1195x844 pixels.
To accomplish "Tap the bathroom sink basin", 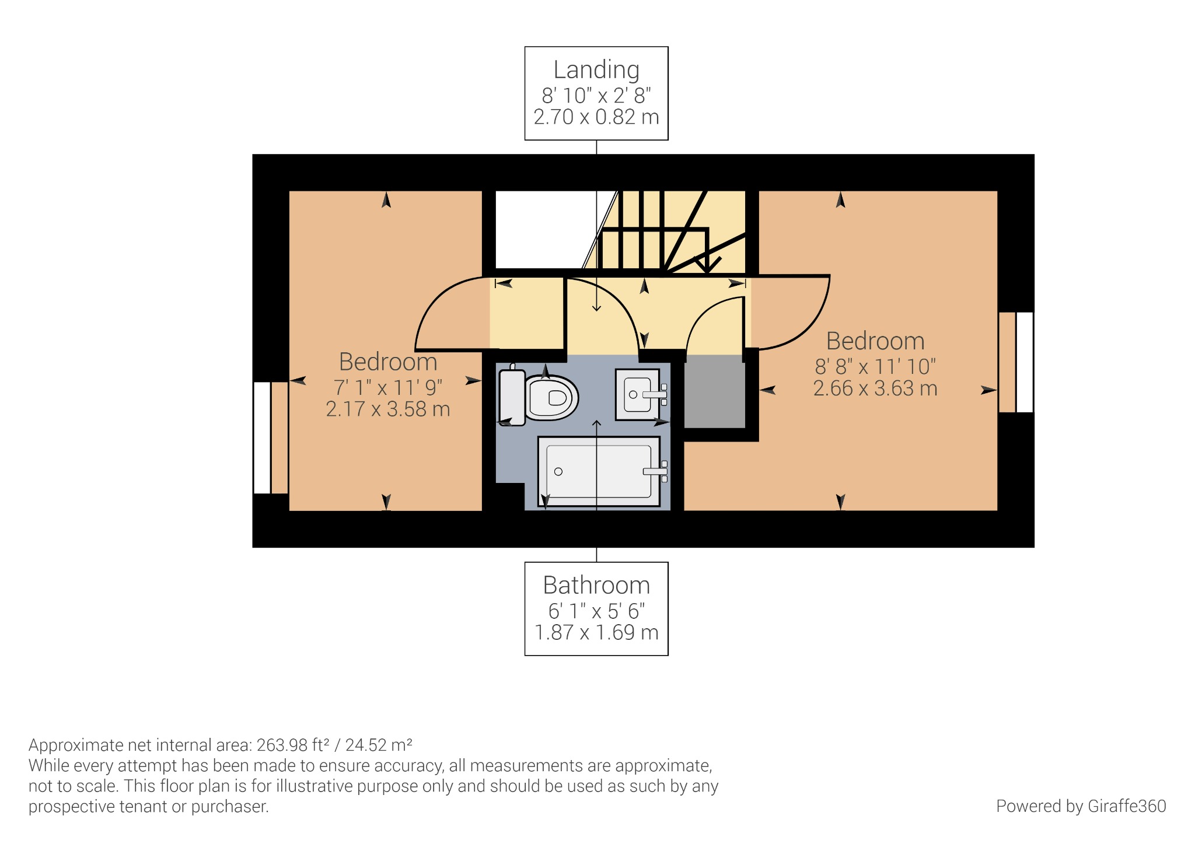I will coord(638,395).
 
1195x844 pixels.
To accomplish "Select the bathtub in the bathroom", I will coord(598,471).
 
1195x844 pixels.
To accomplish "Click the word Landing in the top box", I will coord(596,70).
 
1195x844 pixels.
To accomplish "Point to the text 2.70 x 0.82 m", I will coord(596,117).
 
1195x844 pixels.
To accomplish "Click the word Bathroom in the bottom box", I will coord(596,585).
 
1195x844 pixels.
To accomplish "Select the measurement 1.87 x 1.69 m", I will coord(596,632).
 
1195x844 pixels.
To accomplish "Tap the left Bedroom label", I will coord(388,362).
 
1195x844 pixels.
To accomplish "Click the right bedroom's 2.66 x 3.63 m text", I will coord(875,388).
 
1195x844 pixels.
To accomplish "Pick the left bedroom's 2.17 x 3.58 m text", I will coord(388,409).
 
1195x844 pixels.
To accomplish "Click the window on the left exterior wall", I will coord(263,437).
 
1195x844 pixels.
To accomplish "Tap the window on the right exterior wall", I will coord(1024,362).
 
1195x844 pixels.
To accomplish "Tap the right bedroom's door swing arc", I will coord(811,321).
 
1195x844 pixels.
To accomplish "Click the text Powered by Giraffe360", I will coord(1081,806).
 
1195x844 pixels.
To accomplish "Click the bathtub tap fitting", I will coord(656,471).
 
